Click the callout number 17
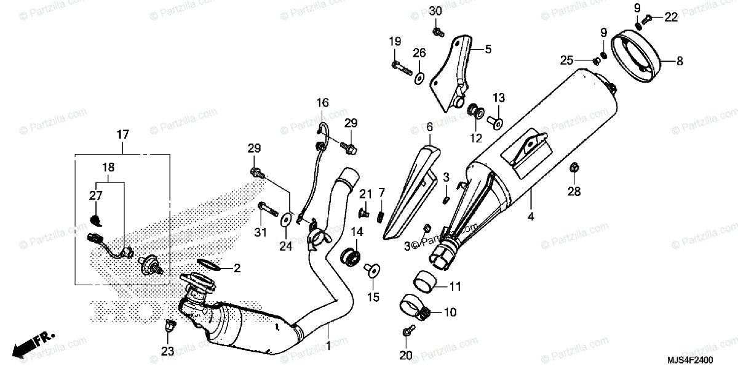[x=122, y=134]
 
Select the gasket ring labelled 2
[x=209, y=266]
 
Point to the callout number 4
[x=530, y=216]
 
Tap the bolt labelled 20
[x=406, y=332]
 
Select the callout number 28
[x=573, y=192]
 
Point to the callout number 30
[x=435, y=12]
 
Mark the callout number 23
[x=168, y=351]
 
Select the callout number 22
[x=670, y=17]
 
